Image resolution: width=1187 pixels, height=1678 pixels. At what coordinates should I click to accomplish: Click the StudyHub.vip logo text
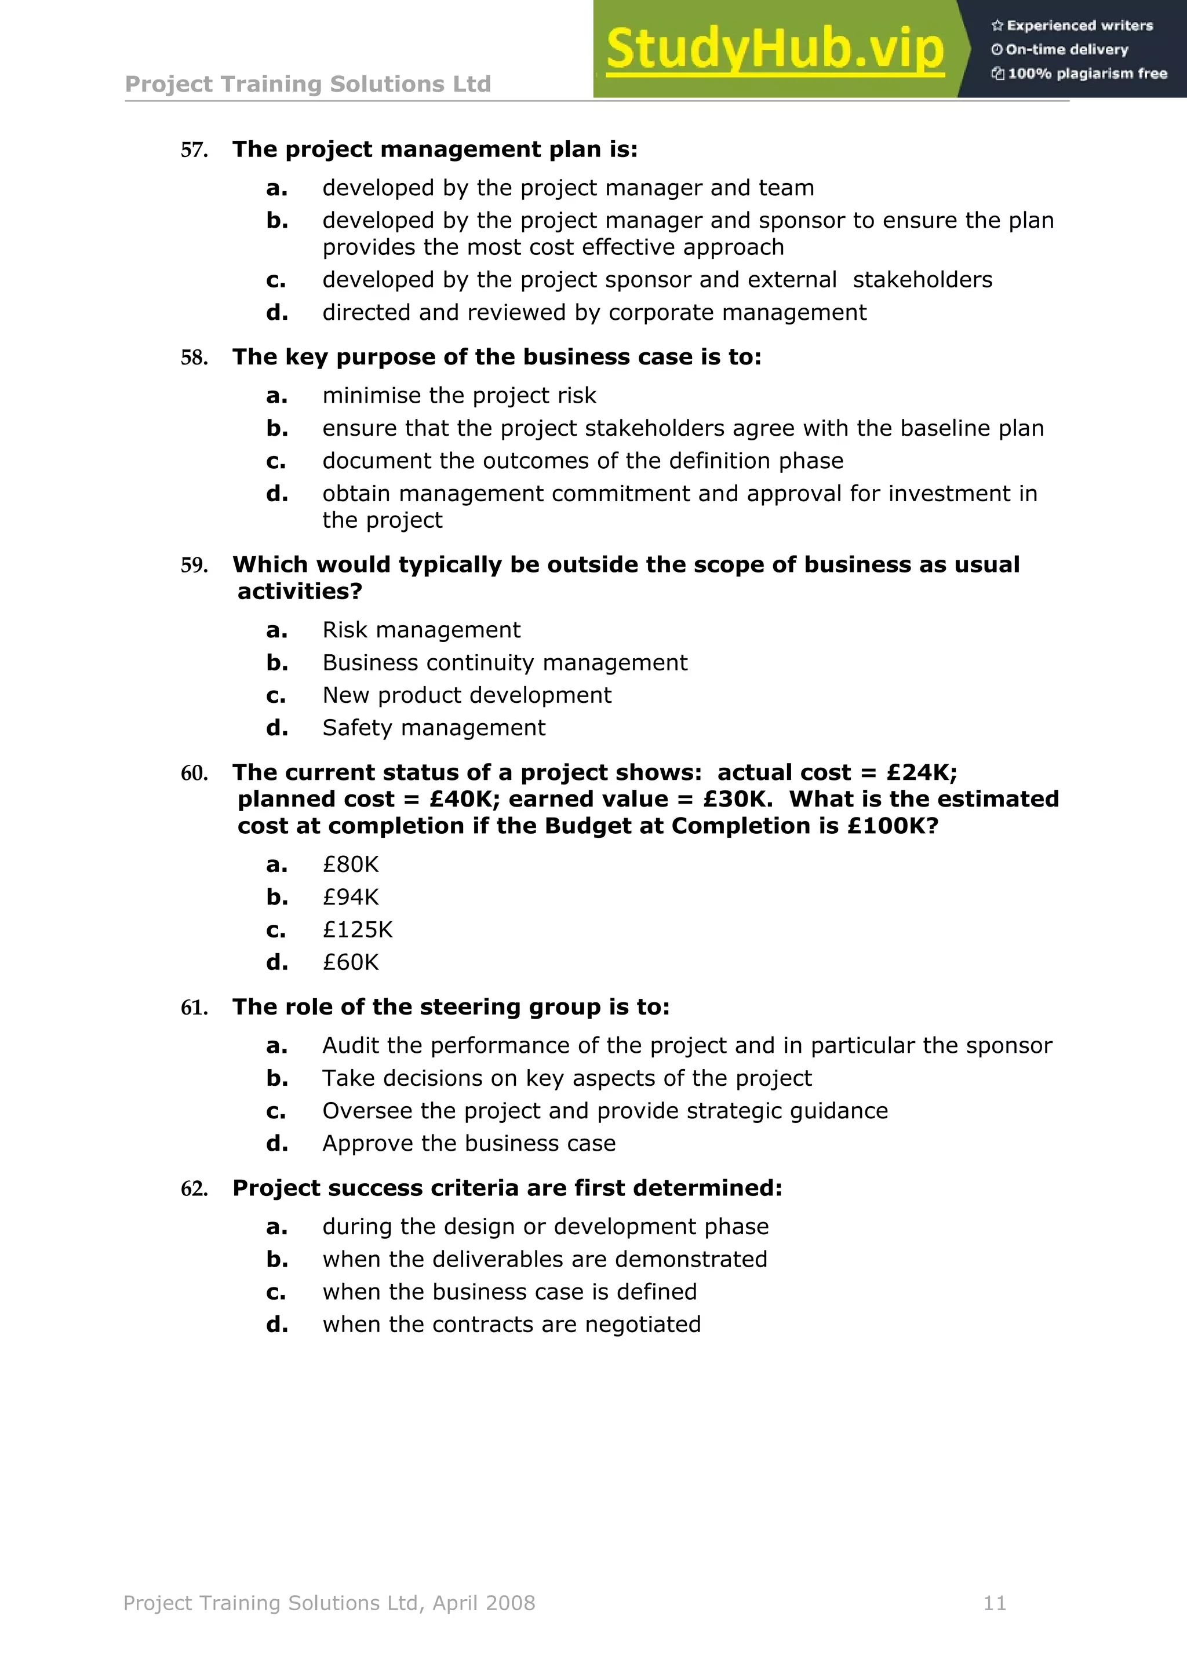pyautogui.click(x=775, y=50)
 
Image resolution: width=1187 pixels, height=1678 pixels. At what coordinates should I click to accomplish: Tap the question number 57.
pyautogui.click(x=194, y=151)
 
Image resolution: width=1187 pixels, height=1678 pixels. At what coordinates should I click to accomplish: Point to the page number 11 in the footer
pyautogui.click(x=995, y=1603)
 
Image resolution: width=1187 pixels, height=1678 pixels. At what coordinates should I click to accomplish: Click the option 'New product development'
pyautogui.click(x=467, y=695)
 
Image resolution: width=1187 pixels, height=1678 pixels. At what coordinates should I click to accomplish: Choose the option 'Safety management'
pyautogui.click(x=434, y=728)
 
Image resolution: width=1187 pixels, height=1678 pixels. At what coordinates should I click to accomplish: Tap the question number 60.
pyautogui.click(x=194, y=773)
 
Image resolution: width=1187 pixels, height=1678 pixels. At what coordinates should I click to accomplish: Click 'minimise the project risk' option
pyautogui.click(x=459, y=395)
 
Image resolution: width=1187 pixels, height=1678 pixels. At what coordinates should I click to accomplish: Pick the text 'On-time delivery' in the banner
pyautogui.click(x=1066, y=50)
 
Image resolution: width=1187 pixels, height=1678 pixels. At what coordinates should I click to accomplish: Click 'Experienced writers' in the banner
pyautogui.click(x=1079, y=25)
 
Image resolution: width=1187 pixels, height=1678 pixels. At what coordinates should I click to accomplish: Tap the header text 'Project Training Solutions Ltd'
pyautogui.click(x=308, y=84)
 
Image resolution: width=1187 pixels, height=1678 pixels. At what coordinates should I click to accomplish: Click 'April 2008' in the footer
pyautogui.click(x=484, y=1603)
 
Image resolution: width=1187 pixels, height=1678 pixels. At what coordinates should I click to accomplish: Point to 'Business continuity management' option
pyautogui.click(x=504, y=663)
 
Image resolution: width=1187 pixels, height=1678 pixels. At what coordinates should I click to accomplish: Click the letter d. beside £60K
pyautogui.click(x=277, y=962)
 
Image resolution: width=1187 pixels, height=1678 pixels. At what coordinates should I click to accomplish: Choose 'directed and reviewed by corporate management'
pyautogui.click(x=593, y=313)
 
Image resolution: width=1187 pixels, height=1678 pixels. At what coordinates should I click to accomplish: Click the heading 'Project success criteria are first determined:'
pyautogui.click(x=507, y=1188)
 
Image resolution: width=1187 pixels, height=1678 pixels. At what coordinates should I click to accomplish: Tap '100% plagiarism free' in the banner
pyautogui.click(x=1086, y=73)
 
